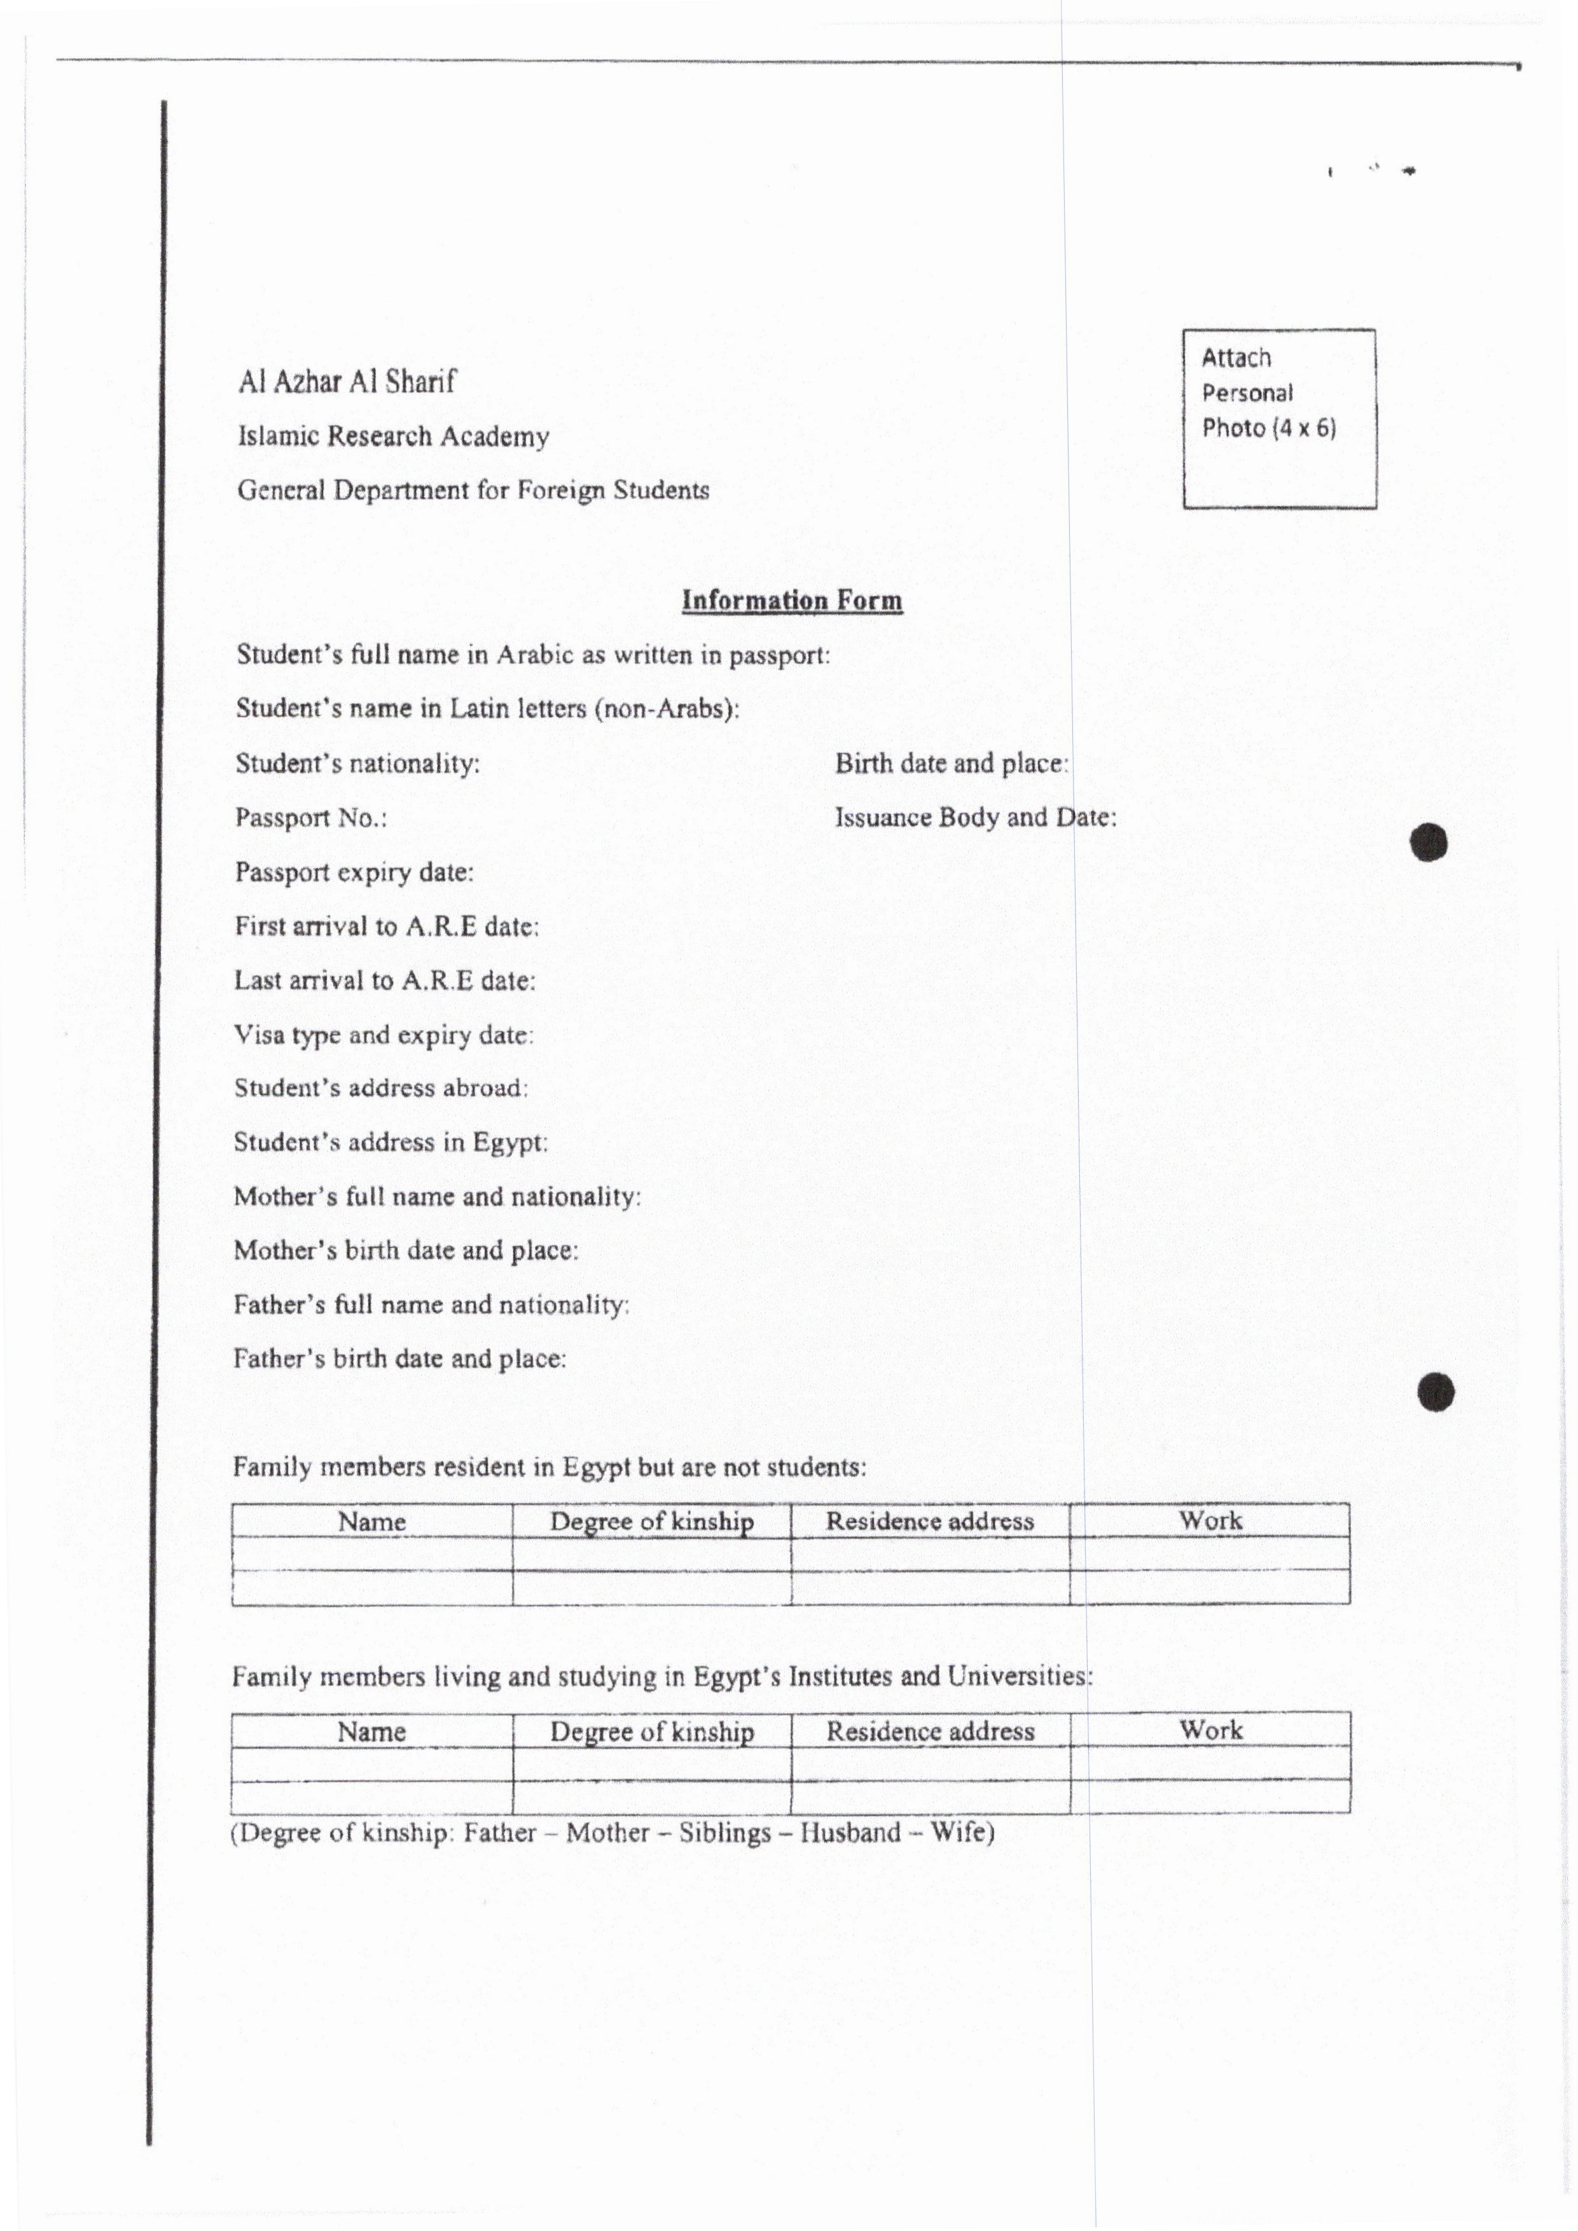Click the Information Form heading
792,601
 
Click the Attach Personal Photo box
1278,418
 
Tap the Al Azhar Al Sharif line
347,381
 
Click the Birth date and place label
952,763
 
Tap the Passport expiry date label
354,872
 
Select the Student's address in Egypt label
391,1142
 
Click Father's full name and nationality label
431,1304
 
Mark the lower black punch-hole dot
1436,1392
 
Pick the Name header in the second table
371,1731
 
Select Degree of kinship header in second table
652,1731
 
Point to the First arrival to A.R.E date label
387,927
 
